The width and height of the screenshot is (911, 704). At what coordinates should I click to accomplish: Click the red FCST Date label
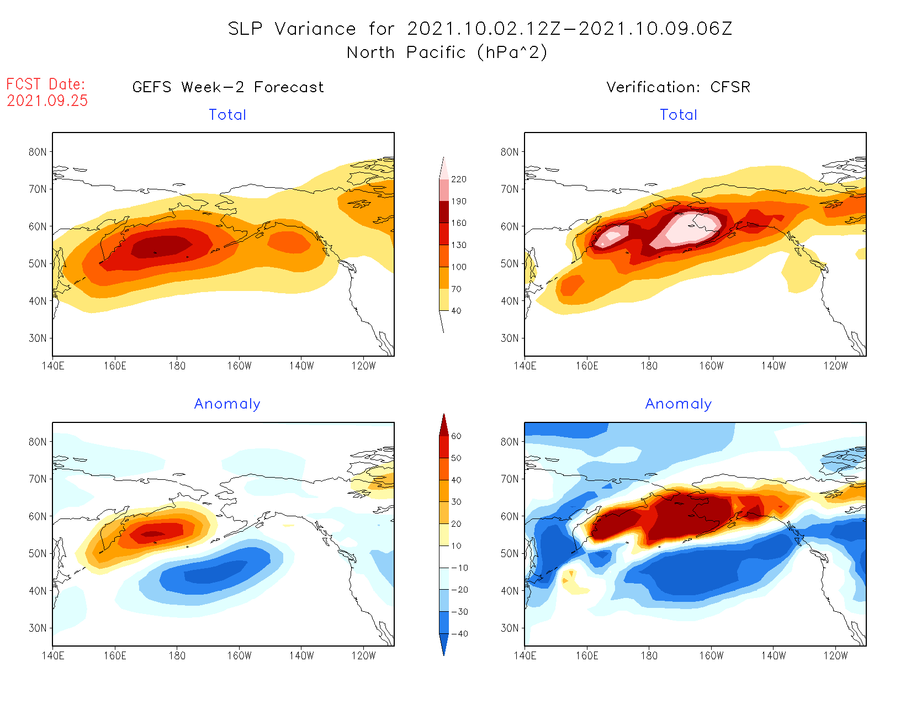(45, 84)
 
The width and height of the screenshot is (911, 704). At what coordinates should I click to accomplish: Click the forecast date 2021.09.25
(47, 101)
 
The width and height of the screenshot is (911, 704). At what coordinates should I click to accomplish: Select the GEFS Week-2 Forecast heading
(228, 87)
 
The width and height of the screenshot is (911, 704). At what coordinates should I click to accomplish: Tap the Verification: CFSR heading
(678, 87)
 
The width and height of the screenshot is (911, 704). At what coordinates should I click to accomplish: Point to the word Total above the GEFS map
(227, 115)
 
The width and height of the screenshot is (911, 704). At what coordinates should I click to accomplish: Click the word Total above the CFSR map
(679, 115)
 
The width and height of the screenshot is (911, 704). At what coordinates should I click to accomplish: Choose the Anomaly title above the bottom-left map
(227, 404)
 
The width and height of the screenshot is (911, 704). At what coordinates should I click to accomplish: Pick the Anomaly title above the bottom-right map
(679, 404)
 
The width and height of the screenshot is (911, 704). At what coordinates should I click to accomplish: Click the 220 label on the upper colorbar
(458, 179)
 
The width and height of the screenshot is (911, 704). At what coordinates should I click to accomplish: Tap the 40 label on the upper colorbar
(456, 311)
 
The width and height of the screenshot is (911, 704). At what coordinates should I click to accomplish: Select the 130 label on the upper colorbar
(458, 245)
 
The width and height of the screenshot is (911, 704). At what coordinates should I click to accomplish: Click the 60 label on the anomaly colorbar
(456, 436)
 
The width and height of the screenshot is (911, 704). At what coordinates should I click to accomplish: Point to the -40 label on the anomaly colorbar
(459, 634)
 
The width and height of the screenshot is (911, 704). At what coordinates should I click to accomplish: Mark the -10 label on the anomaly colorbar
(459, 568)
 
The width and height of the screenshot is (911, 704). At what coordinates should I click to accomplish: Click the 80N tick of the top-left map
(38, 152)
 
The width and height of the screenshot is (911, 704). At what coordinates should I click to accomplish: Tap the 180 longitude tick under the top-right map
(649, 366)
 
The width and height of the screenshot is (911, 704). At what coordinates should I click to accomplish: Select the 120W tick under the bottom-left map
(363, 655)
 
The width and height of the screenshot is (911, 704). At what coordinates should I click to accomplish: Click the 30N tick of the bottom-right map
(510, 628)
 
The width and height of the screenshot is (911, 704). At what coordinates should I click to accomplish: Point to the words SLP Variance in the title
(292, 29)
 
